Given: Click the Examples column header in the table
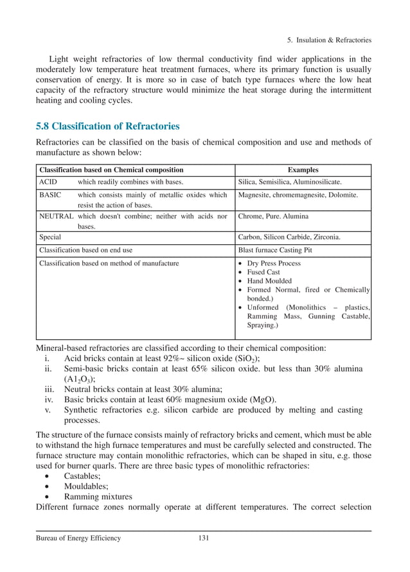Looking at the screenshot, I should pos(303,170).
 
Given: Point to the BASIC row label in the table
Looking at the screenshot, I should pos(50,195).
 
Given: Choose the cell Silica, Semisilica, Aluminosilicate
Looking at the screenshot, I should pos(290,183).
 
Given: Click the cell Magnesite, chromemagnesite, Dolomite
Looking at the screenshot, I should pos(298,195).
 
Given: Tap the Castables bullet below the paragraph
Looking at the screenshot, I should pos(82,476).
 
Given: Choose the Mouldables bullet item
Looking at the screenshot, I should pos(85,486).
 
